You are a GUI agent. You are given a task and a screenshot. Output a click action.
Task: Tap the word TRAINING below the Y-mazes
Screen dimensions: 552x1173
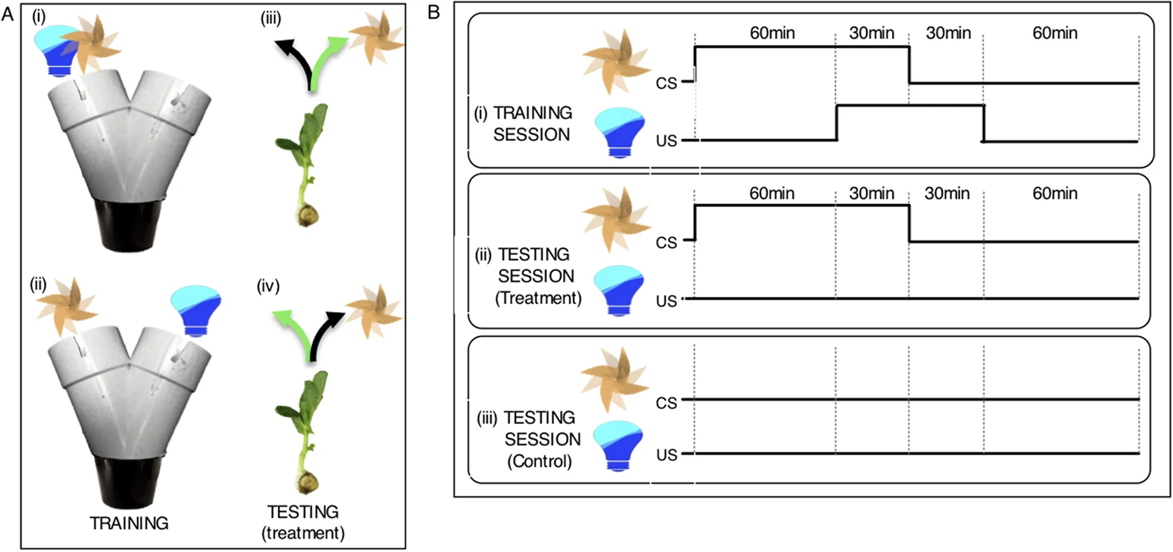[x=129, y=523]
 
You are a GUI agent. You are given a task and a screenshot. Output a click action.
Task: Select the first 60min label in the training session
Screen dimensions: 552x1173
[x=772, y=33]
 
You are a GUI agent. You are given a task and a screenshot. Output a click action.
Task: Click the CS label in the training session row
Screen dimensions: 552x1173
[x=666, y=83]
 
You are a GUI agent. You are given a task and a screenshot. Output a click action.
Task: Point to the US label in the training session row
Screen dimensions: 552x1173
[x=666, y=141]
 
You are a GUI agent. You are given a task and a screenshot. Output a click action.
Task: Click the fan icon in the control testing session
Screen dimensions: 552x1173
[x=615, y=380]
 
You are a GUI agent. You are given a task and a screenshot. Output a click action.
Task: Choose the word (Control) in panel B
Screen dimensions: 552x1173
[x=539, y=461]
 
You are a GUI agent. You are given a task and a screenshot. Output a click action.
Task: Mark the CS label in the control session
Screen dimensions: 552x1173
[x=666, y=403]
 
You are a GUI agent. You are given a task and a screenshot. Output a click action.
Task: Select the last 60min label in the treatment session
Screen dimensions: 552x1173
[x=1055, y=194]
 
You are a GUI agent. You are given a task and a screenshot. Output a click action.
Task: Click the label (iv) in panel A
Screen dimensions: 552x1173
[x=268, y=286]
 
